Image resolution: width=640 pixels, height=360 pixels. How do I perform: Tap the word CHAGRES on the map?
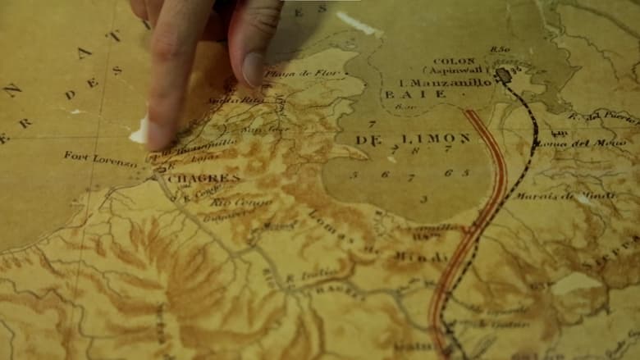click(x=203, y=178)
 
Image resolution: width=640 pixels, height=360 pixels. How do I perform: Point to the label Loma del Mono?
click(x=574, y=144)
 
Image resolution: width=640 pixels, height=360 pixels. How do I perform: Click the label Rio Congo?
click(x=231, y=202)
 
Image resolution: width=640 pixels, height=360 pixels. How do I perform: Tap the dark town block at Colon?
click(x=503, y=75)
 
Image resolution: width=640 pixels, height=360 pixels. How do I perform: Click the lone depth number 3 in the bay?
click(x=423, y=198)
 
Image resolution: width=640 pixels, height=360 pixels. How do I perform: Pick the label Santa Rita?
click(x=223, y=100)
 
